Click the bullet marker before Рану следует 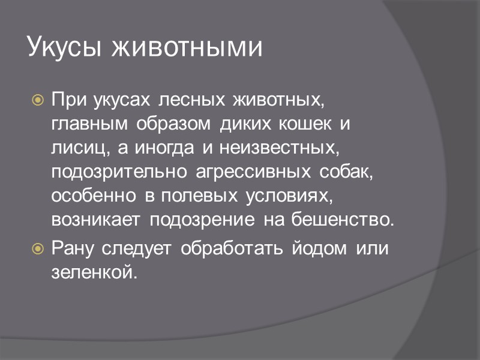pyautogui.click(x=37, y=247)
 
